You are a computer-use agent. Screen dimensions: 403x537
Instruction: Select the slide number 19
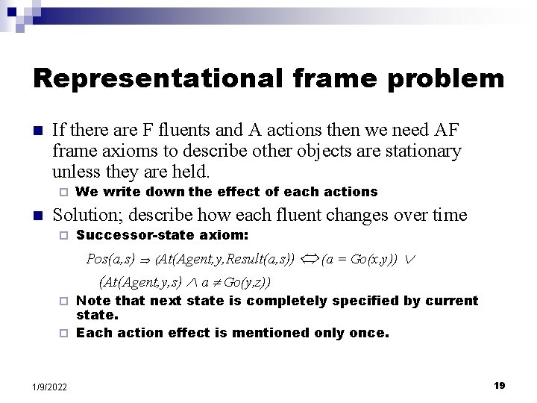pos(500,385)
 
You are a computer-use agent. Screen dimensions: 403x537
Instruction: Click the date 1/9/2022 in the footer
pos(50,387)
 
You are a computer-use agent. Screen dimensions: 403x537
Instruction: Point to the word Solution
pos(89,216)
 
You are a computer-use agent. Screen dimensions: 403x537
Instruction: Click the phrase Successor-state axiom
pos(163,236)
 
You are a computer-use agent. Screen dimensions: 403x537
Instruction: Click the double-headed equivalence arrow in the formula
pos(307,260)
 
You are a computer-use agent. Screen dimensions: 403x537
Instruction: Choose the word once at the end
pos(370,333)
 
